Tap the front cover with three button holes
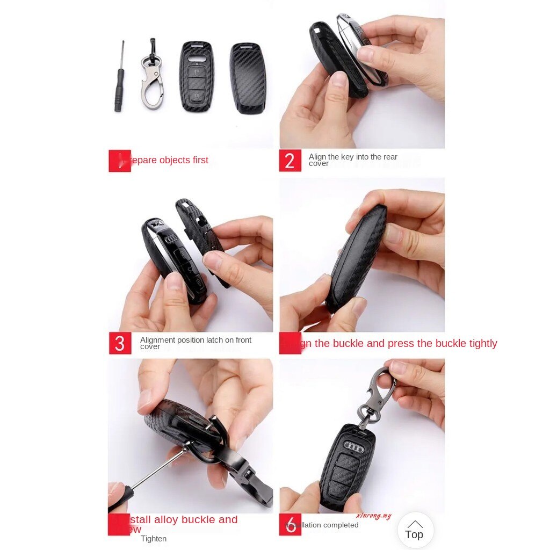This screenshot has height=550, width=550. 197,76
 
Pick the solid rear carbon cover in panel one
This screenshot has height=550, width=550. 248,78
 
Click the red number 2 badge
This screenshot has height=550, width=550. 290,161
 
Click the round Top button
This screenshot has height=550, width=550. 415,530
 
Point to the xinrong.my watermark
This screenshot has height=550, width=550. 373,516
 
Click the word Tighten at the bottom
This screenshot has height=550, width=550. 154,539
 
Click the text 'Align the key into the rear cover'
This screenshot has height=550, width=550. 353,160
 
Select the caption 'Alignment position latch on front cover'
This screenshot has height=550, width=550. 196,343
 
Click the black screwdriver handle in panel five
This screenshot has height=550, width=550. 119,498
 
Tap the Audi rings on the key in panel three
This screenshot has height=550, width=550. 171,240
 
